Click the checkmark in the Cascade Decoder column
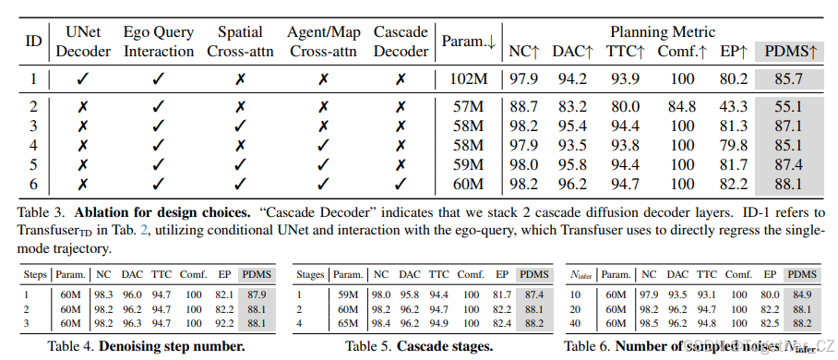pos(401,183)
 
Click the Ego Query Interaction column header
pos(159,41)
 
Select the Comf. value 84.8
pos(683,108)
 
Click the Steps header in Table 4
pos(35,274)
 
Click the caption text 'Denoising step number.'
pos(173,346)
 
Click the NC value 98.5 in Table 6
pos(650,324)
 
